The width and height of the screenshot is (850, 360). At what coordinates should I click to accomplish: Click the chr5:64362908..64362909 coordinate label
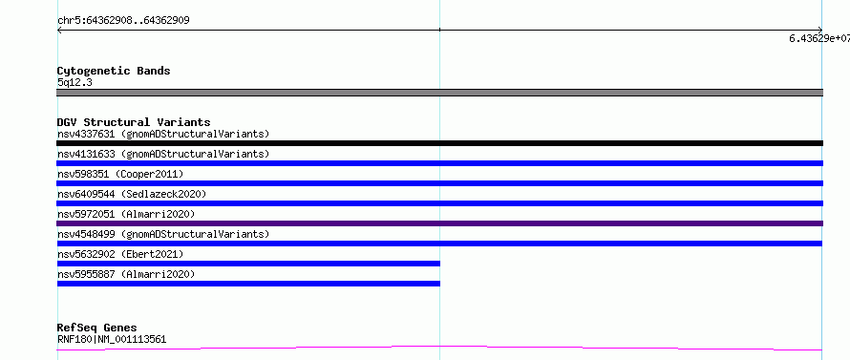(x=123, y=21)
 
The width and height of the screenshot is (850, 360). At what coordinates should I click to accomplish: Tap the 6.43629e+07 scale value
(x=819, y=38)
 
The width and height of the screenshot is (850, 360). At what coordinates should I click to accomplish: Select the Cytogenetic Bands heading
(x=114, y=71)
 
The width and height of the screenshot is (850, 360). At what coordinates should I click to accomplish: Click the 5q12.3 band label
(x=74, y=82)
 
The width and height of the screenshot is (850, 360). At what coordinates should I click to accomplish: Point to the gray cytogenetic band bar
(x=439, y=93)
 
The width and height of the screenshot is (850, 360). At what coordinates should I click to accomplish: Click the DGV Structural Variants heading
(x=134, y=122)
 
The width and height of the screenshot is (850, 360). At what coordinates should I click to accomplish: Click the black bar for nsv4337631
(x=439, y=143)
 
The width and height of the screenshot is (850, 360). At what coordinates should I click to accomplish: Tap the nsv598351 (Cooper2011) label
(x=120, y=174)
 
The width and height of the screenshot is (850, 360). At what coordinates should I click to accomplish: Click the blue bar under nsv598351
(x=439, y=183)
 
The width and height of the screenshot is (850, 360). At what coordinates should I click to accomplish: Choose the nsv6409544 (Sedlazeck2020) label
(x=132, y=194)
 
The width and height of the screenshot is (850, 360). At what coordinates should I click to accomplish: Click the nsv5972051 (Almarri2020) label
(x=126, y=214)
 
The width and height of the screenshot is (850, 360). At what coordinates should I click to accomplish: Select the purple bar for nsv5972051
(x=439, y=223)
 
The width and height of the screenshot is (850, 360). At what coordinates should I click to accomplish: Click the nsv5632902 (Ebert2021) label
(x=120, y=254)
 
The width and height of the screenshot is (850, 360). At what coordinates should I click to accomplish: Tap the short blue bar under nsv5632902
(x=248, y=264)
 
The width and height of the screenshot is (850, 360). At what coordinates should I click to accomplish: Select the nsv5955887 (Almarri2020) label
(x=126, y=274)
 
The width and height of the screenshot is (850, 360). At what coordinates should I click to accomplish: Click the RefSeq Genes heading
(x=96, y=328)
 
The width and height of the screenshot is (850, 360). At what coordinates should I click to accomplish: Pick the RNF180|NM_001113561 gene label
(x=112, y=340)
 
